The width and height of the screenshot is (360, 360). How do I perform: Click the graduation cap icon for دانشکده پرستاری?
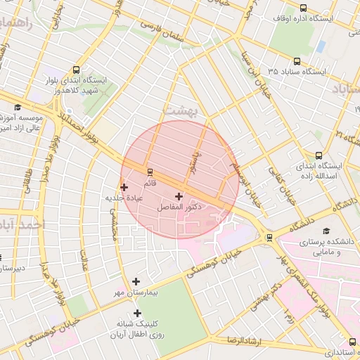coord(325,231)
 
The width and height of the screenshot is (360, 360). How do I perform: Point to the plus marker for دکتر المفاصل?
coord(178,196)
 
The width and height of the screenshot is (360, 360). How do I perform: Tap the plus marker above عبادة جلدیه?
coord(124,187)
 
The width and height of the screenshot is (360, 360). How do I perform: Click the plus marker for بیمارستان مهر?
coord(136,281)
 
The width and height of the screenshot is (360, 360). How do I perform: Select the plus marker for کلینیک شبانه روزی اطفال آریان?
coord(136,313)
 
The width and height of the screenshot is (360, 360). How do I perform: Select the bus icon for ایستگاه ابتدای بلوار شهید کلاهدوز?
coord(76,70)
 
